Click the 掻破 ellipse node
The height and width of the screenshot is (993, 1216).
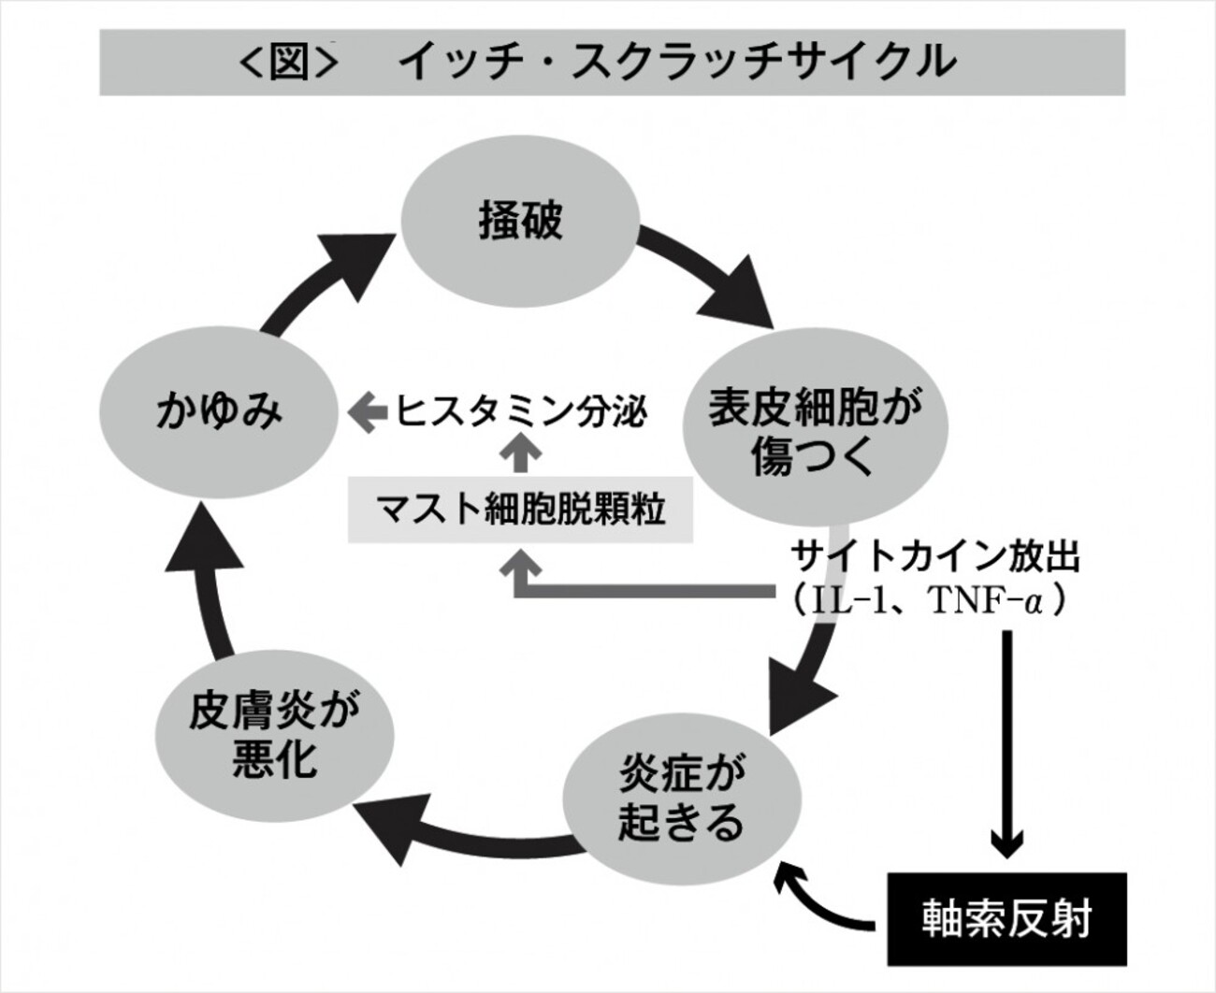[x=520, y=222]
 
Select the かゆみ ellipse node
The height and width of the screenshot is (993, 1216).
[x=219, y=411]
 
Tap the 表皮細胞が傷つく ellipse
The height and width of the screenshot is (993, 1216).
[x=815, y=432]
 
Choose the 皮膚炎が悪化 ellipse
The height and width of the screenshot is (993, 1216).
[x=274, y=735]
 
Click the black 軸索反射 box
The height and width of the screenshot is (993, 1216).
[x=1006, y=918]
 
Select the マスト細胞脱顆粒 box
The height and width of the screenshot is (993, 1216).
[x=520, y=511]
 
